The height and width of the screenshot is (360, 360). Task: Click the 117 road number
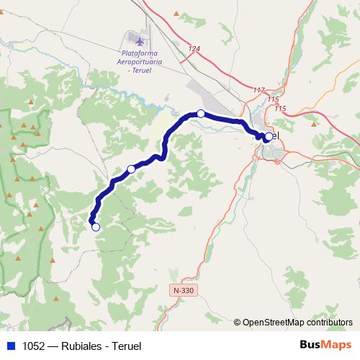259,90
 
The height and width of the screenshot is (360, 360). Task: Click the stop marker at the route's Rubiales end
95,227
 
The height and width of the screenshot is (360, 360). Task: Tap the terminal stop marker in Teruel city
269,136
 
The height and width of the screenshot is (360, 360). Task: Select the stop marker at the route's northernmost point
201,114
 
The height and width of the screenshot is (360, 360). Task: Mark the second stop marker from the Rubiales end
131,168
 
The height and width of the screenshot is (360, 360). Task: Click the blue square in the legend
9,346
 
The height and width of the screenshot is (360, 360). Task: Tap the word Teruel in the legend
124,346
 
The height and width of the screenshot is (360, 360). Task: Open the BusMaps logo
325,345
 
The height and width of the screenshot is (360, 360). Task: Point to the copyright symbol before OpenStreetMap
238,323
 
